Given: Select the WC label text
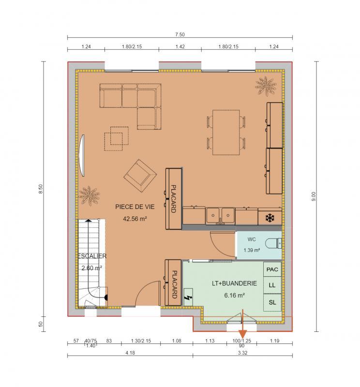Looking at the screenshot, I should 251,239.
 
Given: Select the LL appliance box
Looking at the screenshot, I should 272,285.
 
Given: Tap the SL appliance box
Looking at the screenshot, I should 272,302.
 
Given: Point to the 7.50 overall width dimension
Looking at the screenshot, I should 180,34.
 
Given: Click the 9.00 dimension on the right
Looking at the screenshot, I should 314,196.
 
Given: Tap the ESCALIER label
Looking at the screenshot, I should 92,256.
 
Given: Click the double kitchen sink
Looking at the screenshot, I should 220,215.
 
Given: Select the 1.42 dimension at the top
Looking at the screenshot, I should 180,47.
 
